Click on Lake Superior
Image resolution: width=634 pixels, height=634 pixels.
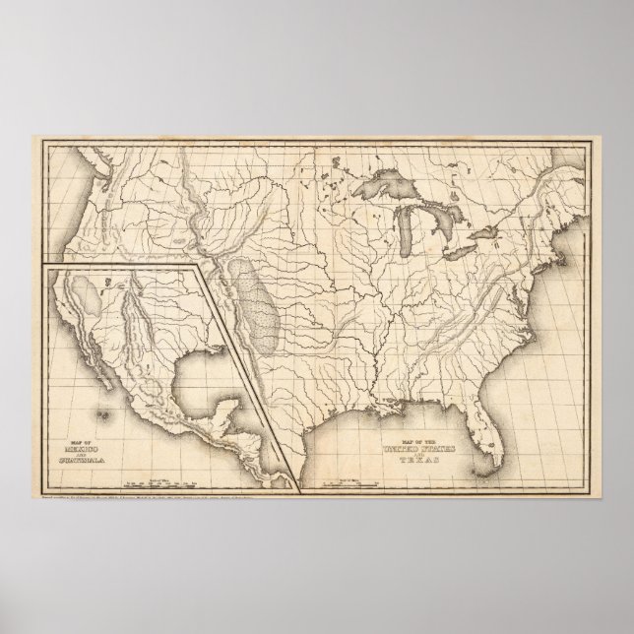pyautogui.click(x=387, y=187)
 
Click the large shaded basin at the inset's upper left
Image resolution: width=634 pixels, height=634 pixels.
pyautogui.click(x=85, y=293)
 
